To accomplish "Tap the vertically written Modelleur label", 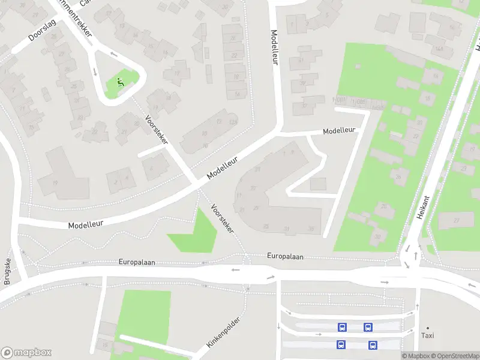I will pyautogui.click(x=275, y=47).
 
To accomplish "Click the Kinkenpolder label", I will pyautogui.click(x=223, y=332).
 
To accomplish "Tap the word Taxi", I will pyautogui.click(x=427, y=337).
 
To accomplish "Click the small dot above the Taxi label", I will pyautogui.click(x=427, y=328).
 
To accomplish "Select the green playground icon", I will pyautogui.click(x=120, y=83).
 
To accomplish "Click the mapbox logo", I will pyautogui.click(x=26, y=353).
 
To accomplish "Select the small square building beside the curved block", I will pyautogui.click(x=318, y=184).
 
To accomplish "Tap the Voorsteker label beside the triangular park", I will pyautogui.click(x=221, y=219).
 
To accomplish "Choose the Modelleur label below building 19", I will pyautogui.click(x=85, y=223).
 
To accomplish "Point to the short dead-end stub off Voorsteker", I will pyautogui.click(x=151, y=152).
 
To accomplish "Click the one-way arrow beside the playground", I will pyautogui.click(x=94, y=72).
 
